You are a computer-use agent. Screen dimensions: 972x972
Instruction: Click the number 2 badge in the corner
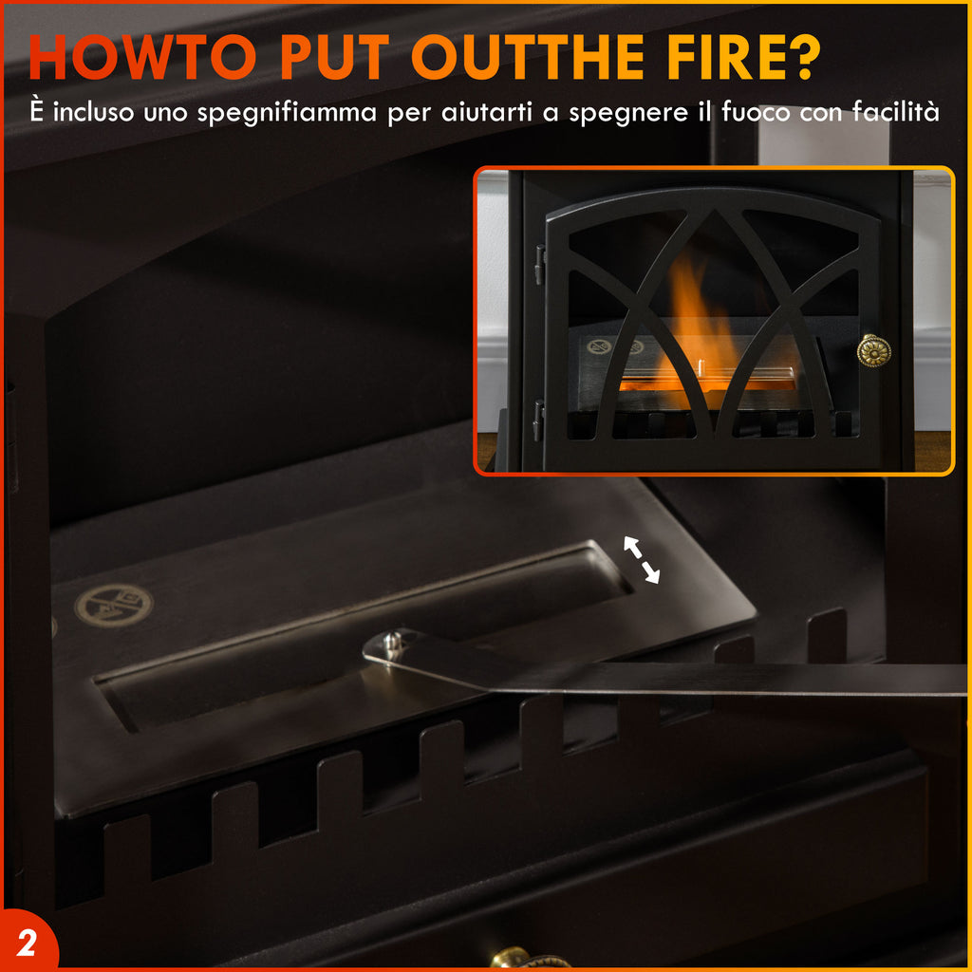pos(28,944)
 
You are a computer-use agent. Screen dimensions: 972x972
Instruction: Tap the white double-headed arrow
pos(642,559)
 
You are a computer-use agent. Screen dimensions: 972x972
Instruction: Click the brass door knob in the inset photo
pos(873,350)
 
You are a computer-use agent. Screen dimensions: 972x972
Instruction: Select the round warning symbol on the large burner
pos(113,604)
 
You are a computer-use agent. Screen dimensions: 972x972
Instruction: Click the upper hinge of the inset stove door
pos(539,265)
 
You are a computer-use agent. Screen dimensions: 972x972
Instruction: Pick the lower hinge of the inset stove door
pos(538,419)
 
